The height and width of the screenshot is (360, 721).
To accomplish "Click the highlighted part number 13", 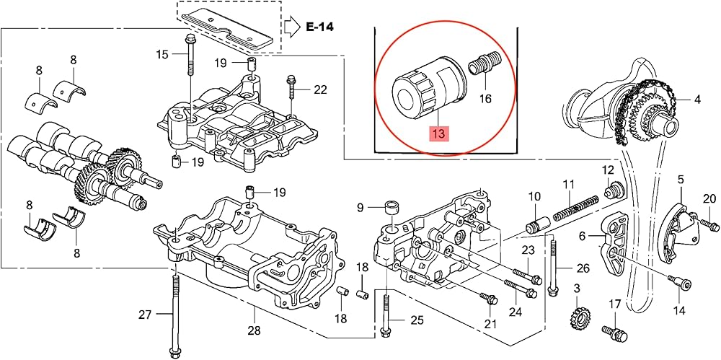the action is coord(438,134).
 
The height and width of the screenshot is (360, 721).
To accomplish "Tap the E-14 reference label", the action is coord(319,27).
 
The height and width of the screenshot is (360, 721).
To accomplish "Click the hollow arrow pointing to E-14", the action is coord(291,27).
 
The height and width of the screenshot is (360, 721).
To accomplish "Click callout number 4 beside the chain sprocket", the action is coord(697,99).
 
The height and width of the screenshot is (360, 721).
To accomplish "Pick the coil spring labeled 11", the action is coord(575,208).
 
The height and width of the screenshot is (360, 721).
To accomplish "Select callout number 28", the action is coord(255,330).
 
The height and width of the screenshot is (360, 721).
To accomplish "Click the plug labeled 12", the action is coord(613,190).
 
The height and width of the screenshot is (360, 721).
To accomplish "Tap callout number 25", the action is coord(416,320).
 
